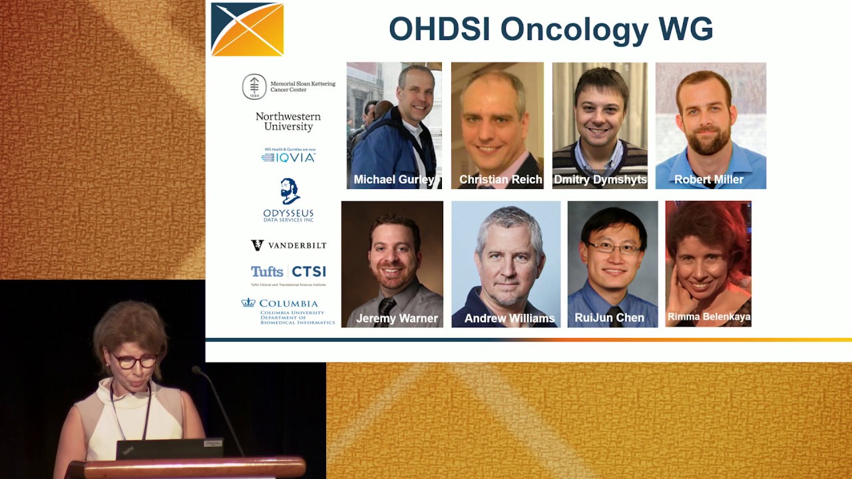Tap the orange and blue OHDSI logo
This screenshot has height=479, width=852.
pyautogui.click(x=247, y=29)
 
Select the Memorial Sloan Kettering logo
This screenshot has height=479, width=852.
pyautogui.click(x=288, y=86)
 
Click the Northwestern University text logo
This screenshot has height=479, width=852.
pyautogui.click(x=288, y=122)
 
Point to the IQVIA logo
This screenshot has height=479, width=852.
pyautogui.click(x=288, y=156)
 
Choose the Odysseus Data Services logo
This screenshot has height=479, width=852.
pyautogui.click(x=288, y=200)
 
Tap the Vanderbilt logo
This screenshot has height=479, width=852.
pyautogui.click(x=288, y=245)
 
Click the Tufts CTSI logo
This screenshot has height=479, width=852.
pyautogui.click(x=288, y=272)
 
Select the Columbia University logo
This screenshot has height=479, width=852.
pyautogui.click(x=288, y=311)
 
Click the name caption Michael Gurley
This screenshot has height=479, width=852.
pyautogui.click(x=393, y=180)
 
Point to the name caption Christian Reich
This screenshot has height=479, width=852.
pyautogui.click(x=500, y=180)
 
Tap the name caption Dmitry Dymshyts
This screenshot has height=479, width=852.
pyautogui.click(x=600, y=180)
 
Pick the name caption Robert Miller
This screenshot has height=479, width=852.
pyautogui.click(x=709, y=180)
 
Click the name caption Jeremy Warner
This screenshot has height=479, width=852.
pyautogui.click(x=397, y=318)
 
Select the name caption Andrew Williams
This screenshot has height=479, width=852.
pyautogui.click(x=509, y=319)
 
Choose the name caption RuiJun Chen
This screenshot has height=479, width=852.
pyautogui.click(x=609, y=318)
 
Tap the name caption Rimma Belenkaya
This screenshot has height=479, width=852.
pyautogui.click(x=709, y=317)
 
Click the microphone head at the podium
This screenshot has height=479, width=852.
pyautogui.click(x=197, y=369)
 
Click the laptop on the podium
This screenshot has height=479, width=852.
pyautogui.click(x=170, y=448)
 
